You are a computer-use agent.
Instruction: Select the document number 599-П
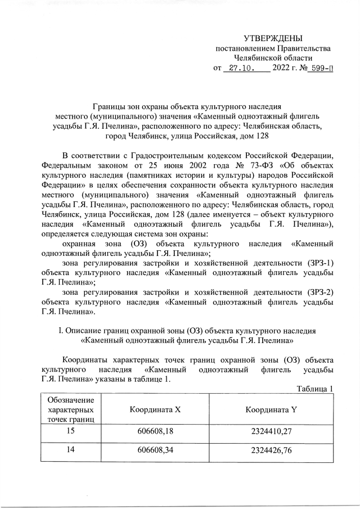click(x=322, y=70)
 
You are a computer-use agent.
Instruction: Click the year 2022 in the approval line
click(x=281, y=70)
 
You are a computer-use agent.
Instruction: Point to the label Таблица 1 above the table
click(x=315, y=389)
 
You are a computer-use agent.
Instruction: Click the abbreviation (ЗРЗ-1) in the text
click(x=318, y=263)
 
